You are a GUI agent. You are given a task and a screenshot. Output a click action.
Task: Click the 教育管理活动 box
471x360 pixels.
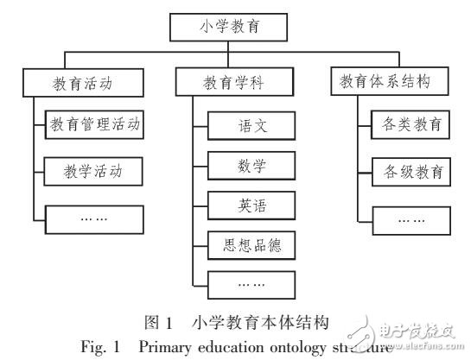pyautogui.click(x=94, y=127)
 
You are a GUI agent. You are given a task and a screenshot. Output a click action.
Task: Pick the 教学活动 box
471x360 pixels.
pyautogui.click(x=94, y=170)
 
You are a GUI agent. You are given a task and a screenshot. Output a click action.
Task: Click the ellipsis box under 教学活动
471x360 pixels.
pyautogui.click(x=94, y=218)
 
